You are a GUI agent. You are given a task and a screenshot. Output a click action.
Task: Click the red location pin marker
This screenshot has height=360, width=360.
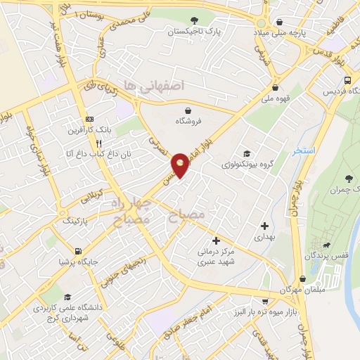181,165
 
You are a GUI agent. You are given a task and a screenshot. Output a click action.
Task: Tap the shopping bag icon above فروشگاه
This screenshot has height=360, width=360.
188,110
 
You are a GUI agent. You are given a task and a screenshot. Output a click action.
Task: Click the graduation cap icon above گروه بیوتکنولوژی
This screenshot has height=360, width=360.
246,154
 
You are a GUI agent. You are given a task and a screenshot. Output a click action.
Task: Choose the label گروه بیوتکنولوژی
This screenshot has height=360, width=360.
246,165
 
